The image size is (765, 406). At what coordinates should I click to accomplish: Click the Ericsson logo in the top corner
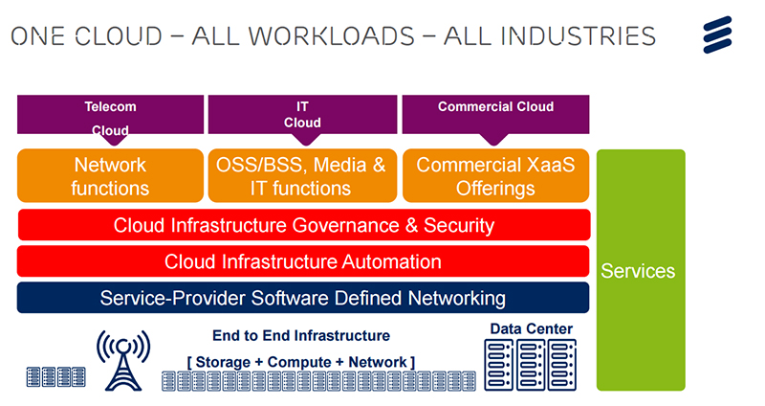tap(717, 34)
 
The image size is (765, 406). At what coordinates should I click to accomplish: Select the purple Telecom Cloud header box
tap(110, 114)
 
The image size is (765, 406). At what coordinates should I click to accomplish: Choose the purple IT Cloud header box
tap(302, 114)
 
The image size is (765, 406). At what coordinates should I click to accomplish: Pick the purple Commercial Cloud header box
tap(495, 114)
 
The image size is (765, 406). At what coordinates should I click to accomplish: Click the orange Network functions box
tap(110, 176)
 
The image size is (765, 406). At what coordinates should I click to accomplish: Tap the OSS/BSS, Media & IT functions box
tap(302, 176)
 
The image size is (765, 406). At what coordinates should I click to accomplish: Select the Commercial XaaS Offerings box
tap(495, 176)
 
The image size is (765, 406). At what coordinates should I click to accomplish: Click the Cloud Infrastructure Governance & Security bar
tap(304, 225)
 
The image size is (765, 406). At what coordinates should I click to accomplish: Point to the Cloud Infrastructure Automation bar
tap(303, 261)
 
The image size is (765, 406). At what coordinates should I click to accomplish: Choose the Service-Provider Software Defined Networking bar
tap(303, 298)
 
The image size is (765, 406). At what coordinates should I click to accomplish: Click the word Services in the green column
tap(638, 271)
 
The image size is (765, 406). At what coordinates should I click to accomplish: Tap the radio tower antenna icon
tap(123, 361)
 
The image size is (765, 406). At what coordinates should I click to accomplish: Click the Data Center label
tap(531, 328)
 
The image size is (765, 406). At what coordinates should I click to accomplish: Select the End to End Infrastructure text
tap(301, 336)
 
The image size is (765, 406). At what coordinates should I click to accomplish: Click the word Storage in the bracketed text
tap(223, 362)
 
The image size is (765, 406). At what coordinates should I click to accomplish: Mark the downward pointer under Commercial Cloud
tap(493, 139)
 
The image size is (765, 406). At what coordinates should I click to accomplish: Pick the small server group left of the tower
tap(56, 376)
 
